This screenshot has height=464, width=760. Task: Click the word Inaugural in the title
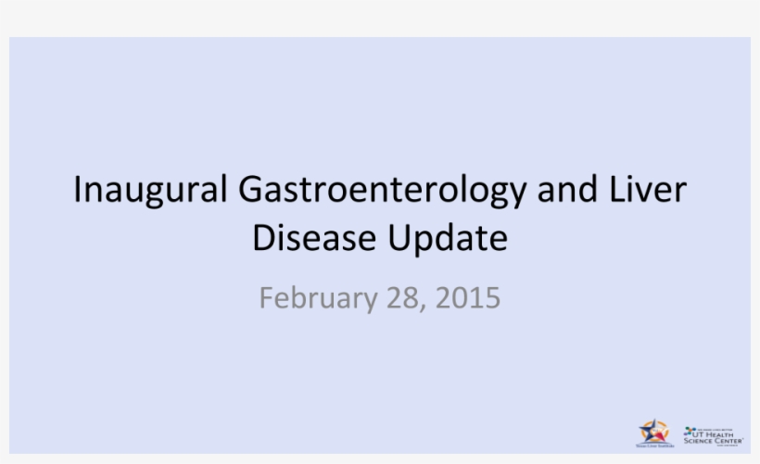point(150,190)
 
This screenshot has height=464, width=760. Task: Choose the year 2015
point(468,298)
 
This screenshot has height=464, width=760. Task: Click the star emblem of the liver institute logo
point(652,431)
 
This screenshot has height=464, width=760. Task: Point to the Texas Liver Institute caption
point(652,445)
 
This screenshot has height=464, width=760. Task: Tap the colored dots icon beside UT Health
point(689,432)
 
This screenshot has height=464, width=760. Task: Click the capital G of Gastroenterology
point(251,190)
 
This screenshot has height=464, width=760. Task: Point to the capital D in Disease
point(262,238)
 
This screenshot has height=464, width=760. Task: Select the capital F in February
point(266,298)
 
